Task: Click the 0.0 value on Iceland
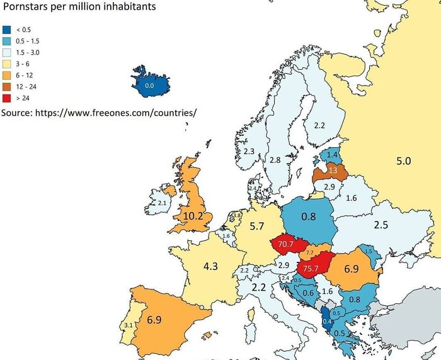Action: [149, 85]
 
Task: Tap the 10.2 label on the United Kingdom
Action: [197, 215]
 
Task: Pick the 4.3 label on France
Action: [210, 266]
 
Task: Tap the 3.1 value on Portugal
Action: [129, 325]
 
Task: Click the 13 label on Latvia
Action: [332, 171]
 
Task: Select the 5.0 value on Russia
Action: [403, 161]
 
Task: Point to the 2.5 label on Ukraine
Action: [381, 225]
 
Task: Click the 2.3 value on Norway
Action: [249, 152]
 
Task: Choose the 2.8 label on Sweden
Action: [275, 160]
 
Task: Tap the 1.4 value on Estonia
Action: [333, 154]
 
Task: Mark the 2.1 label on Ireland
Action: [161, 203]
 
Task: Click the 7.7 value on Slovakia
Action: [309, 252]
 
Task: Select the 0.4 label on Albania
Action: [326, 322]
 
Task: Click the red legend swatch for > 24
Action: [6, 98]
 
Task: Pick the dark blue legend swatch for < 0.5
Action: [6, 30]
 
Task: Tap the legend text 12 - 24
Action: [26, 86]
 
